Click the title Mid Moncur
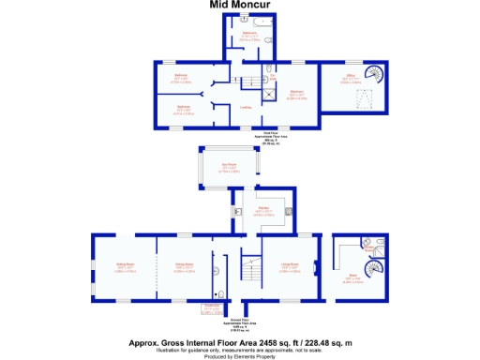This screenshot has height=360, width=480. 239,5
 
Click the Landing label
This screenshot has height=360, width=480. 246,107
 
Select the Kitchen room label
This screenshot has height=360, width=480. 264,209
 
